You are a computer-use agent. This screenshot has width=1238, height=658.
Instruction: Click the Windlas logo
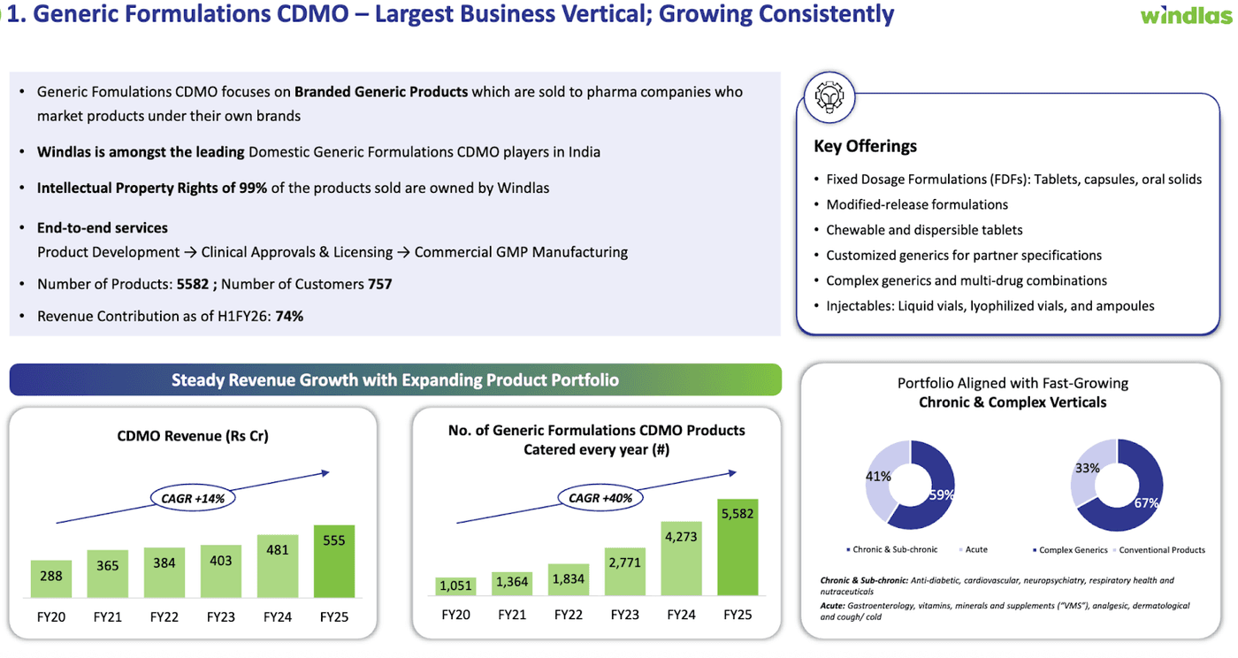[1184, 15]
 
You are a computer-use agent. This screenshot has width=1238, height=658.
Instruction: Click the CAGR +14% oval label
[193, 499]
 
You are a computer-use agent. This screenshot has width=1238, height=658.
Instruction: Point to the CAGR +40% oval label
[600, 498]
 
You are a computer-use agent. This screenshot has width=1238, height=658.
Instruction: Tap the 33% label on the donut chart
[1087, 468]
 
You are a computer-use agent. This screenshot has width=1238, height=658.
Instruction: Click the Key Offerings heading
[865, 146]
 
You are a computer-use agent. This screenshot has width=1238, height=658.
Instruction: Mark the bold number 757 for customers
[380, 284]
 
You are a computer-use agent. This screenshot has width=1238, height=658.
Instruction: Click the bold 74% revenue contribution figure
[289, 316]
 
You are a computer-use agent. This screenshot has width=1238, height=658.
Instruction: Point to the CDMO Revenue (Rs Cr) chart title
[193, 436]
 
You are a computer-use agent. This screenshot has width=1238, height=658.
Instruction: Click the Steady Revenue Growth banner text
[394, 379]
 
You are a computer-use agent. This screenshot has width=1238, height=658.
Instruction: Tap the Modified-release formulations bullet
[917, 204]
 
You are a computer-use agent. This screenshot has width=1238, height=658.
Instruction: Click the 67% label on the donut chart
[1146, 502]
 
